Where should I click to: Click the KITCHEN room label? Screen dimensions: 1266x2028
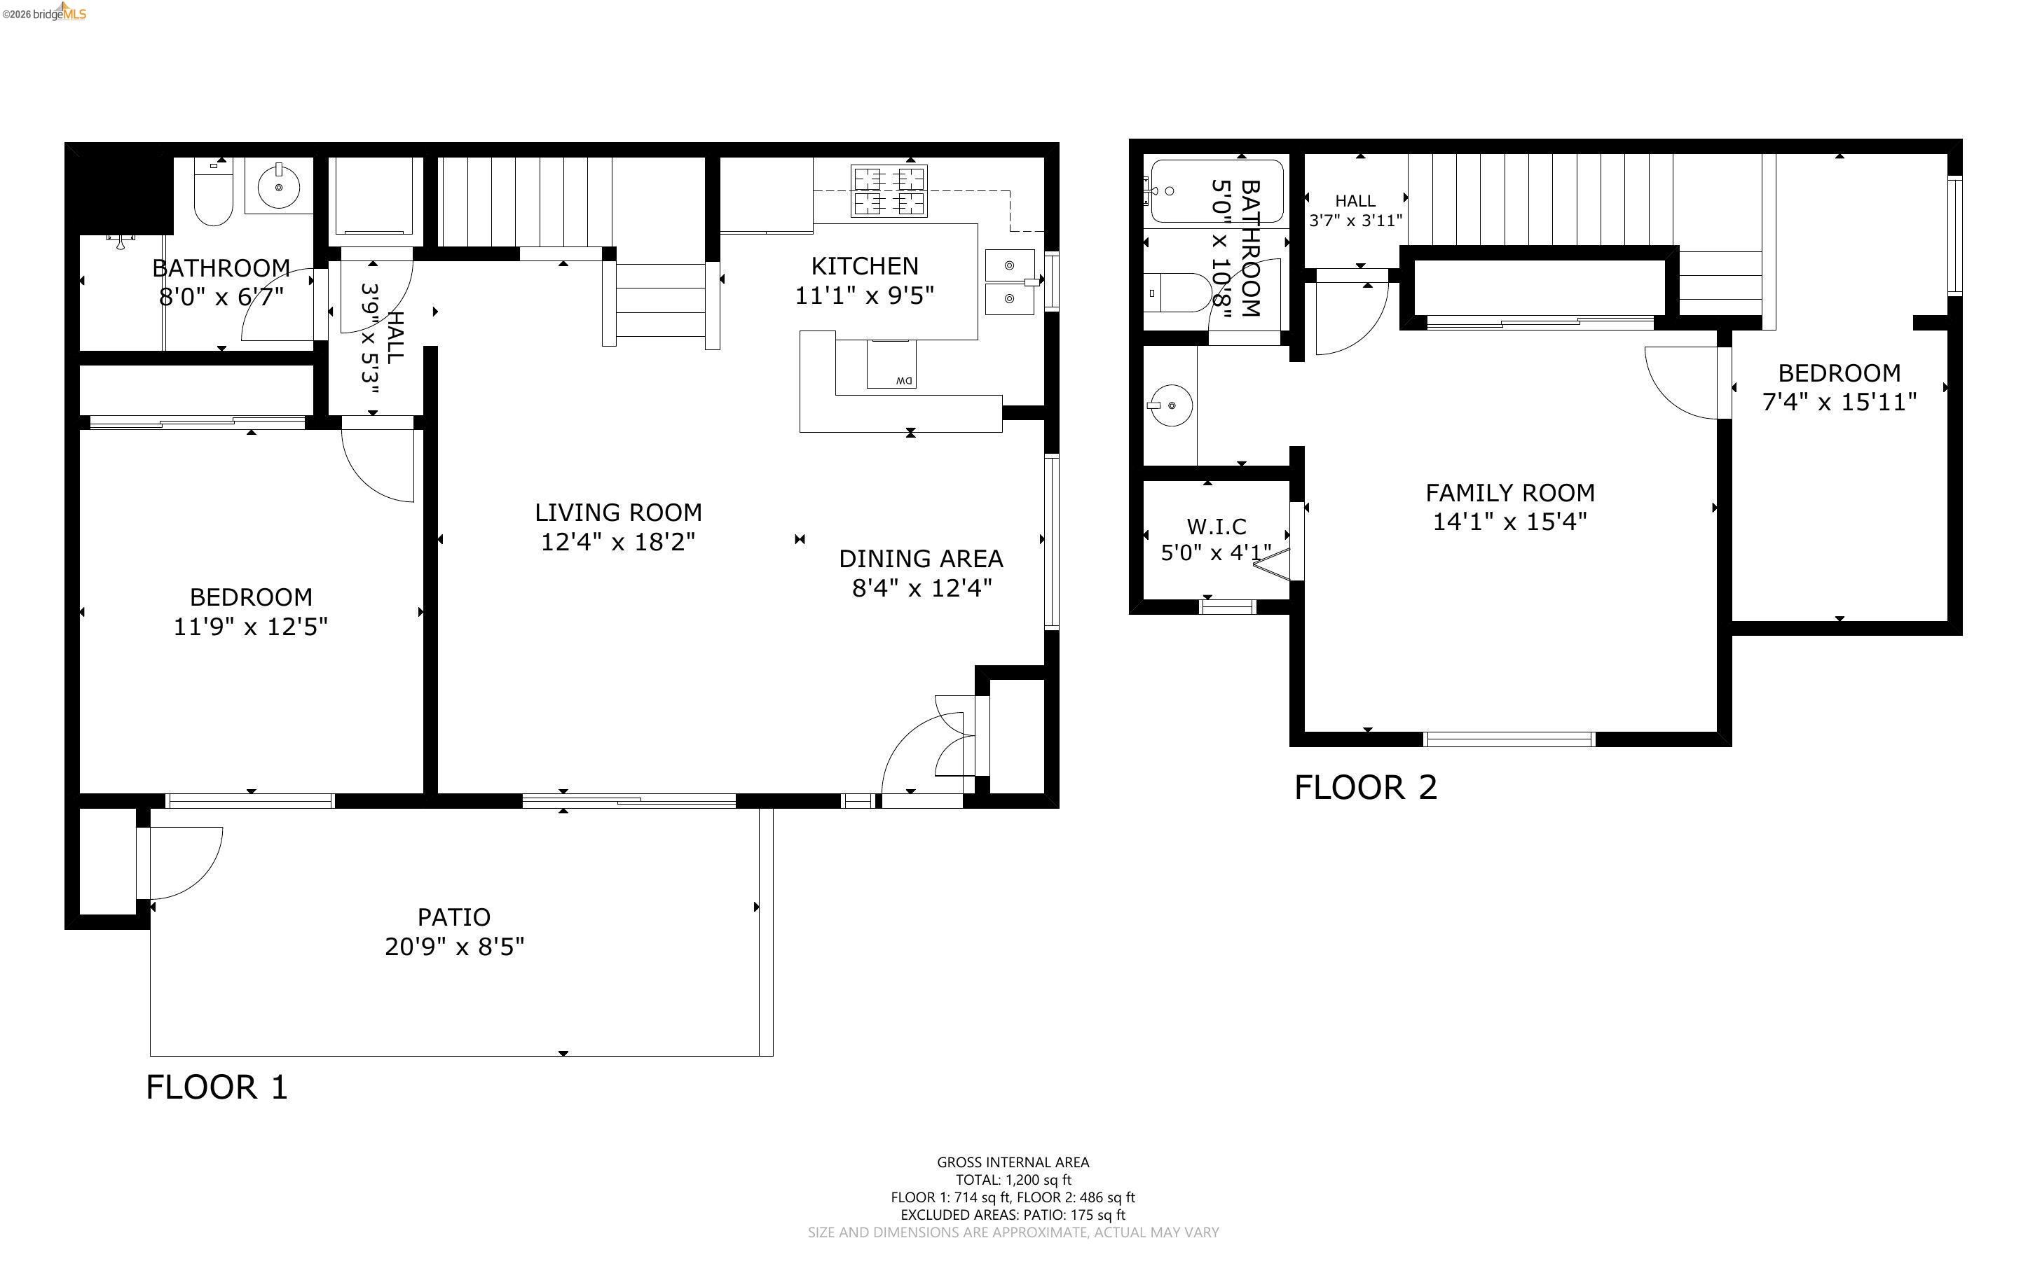(x=865, y=266)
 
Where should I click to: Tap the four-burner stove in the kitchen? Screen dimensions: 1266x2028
(x=889, y=191)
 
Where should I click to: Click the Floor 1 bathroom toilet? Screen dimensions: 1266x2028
(x=213, y=194)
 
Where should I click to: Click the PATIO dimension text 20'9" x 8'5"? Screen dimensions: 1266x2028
(x=454, y=947)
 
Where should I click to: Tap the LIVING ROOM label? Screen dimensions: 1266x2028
(x=618, y=513)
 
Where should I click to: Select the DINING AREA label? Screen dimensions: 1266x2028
(x=921, y=559)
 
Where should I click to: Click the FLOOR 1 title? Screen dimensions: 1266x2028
(x=217, y=1087)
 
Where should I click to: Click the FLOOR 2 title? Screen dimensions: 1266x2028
(x=1365, y=788)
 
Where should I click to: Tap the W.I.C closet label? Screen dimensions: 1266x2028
(x=1217, y=527)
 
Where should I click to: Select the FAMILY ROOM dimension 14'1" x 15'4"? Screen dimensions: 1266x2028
(x=1509, y=522)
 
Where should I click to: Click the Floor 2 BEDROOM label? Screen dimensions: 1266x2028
(x=1839, y=373)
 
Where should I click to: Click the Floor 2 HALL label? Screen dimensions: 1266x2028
(x=1355, y=201)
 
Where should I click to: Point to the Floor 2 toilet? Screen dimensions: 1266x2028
(x=1177, y=292)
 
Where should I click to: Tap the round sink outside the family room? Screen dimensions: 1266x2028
(x=1170, y=405)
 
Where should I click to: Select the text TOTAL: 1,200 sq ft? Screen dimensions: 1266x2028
(x=1013, y=1180)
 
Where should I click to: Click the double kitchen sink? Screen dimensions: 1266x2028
(x=1009, y=281)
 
